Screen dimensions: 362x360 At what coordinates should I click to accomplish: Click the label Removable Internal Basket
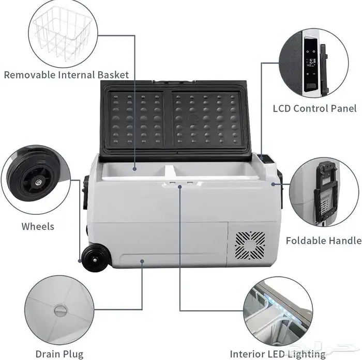[66, 75]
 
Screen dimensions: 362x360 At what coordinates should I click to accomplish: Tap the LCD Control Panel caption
[314, 108]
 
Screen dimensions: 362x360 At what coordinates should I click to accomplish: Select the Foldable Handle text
[324, 241]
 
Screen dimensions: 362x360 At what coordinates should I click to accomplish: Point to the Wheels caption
[38, 226]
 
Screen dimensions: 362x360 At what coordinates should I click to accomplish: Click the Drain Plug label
[59, 354]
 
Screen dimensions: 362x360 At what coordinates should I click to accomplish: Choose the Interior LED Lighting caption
[278, 354]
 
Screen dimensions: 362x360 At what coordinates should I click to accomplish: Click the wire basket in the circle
[63, 34]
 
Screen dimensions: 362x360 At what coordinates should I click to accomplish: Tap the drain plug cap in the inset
[61, 310]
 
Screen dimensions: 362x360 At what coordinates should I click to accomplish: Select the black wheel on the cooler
[96, 258]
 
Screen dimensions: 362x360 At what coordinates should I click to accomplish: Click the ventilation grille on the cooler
[250, 245]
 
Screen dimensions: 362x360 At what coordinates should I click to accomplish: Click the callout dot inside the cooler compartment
[135, 169]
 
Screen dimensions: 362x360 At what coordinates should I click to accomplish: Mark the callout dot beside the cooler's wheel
[80, 261]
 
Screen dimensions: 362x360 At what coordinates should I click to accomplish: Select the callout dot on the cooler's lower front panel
[142, 261]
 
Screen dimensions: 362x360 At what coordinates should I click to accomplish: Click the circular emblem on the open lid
[193, 119]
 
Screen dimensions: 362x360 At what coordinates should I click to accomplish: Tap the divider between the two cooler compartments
[170, 171]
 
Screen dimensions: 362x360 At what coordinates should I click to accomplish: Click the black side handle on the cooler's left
[86, 192]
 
